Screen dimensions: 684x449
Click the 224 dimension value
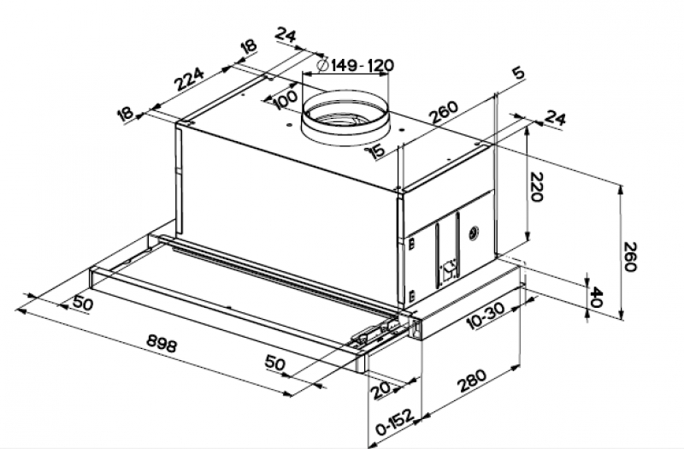(190, 79)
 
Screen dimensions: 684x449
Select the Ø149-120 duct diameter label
(356, 65)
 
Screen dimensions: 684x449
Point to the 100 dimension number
(286, 100)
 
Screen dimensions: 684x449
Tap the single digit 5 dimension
(518, 74)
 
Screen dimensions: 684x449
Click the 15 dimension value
(377, 151)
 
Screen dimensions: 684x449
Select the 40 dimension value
(596, 297)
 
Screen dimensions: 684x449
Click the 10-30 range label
(485, 316)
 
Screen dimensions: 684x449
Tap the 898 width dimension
(162, 343)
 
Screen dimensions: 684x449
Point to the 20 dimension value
(381, 390)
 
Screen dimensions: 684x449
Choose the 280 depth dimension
(471, 381)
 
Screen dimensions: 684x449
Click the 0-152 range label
(395, 422)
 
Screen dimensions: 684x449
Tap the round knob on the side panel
(473, 234)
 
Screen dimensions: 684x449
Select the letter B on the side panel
(411, 245)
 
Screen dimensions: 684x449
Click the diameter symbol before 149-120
(323, 65)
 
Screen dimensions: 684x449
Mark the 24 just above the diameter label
(286, 36)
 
